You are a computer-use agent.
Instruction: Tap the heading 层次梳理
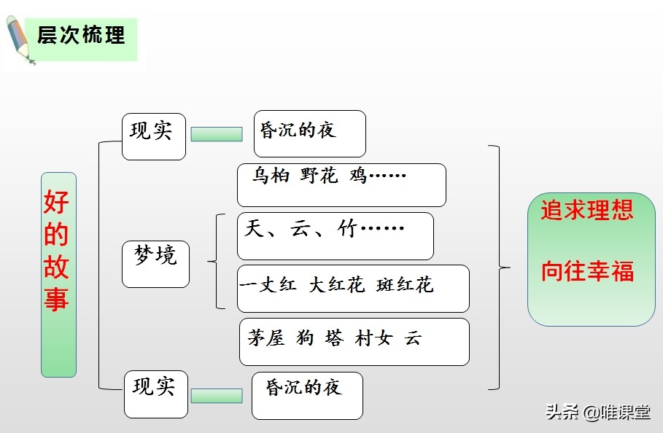click(x=81, y=35)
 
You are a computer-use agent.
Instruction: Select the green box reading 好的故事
click(x=58, y=274)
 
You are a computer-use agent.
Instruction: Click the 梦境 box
click(x=155, y=263)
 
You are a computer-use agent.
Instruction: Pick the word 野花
click(x=319, y=176)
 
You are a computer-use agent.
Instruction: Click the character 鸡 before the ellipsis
click(x=358, y=176)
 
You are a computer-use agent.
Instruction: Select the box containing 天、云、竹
click(x=336, y=235)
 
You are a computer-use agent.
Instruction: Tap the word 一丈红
click(x=268, y=285)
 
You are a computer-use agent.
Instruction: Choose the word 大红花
click(x=336, y=285)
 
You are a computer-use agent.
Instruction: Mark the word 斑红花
click(x=405, y=285)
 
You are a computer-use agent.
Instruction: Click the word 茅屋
click(x=266, y=338)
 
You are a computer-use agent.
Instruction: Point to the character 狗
click(x=305, y=338)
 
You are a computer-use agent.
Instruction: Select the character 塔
click(x=334, y=338)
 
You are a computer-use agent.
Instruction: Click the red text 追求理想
click(x=587, y=210)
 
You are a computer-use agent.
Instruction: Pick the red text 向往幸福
click(x=587, y=271)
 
